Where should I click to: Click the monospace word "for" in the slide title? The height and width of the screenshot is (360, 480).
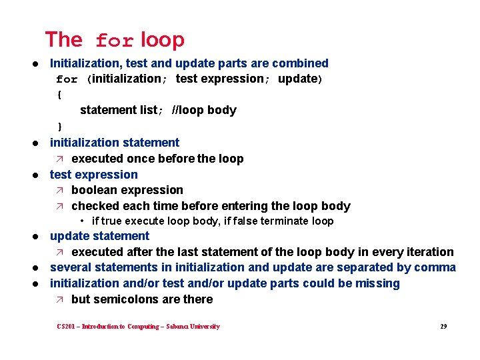point(115,41)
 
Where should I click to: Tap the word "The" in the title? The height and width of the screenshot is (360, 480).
point(63,40)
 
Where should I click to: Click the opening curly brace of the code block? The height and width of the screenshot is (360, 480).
point(59,95)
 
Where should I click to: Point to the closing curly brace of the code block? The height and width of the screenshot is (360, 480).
point(59,126)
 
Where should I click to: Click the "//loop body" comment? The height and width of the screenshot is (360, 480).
point(204,110)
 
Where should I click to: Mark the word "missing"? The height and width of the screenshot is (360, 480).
point(376,283)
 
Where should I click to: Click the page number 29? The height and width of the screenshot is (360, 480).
point(443,327)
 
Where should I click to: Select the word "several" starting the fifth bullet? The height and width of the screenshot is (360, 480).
point(71,268)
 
